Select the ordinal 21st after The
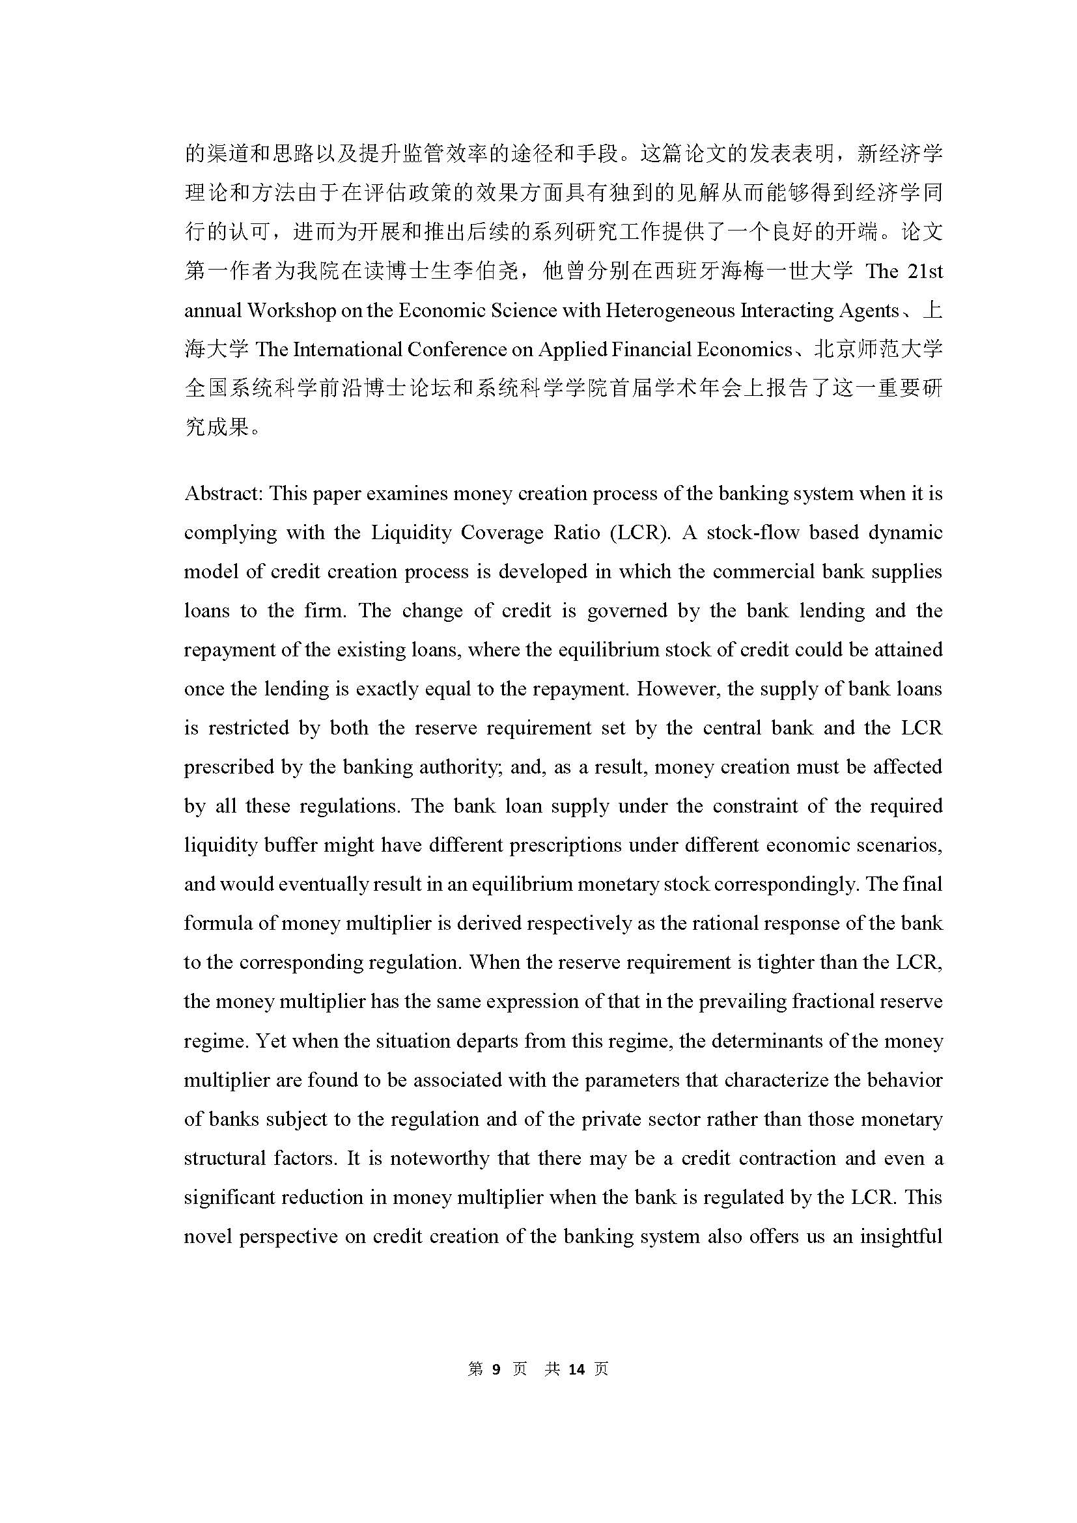925,272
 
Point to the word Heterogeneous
667,311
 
